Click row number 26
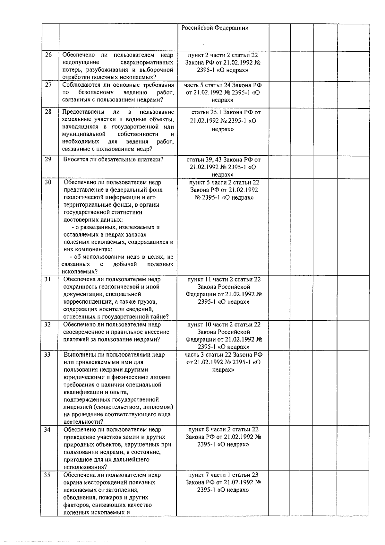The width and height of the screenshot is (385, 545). pos(48,55)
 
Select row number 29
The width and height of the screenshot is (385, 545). pos(48,160)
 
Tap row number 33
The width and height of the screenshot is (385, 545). pos(47,355)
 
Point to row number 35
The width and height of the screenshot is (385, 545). pos(47,475)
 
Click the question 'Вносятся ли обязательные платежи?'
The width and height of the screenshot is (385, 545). pos(113,160)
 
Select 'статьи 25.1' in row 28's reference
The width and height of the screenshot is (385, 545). pos(206,112)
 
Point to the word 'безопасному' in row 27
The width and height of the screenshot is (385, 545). pos(96,92)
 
